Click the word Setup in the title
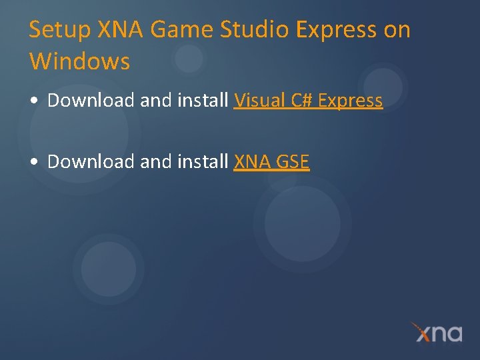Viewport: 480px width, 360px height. tap(61, 30)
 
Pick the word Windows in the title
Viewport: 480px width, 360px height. tap(79, 61)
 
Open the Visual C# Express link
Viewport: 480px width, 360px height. tap(308, 101)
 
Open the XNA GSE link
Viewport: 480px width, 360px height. tap(271, 161)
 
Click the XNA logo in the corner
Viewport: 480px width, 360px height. tap(437, 332)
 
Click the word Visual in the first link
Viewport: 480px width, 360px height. tap(259, 101)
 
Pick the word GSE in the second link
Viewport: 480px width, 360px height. tap(293, 161)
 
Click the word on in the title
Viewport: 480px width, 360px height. tap(397, 30)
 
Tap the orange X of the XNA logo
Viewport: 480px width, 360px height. tap(422, 331)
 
